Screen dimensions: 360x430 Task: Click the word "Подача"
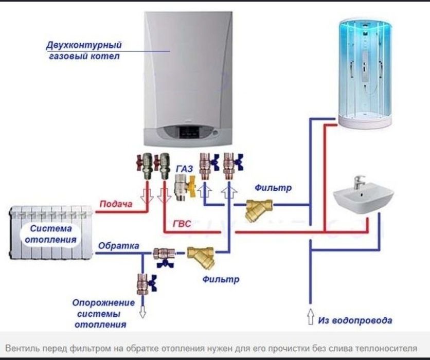116,204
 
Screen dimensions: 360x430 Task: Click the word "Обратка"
118,245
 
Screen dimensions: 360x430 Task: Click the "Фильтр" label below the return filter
220,280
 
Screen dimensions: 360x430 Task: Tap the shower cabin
365,72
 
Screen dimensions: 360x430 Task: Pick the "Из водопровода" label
355,320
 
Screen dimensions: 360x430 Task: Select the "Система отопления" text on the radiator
53,234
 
